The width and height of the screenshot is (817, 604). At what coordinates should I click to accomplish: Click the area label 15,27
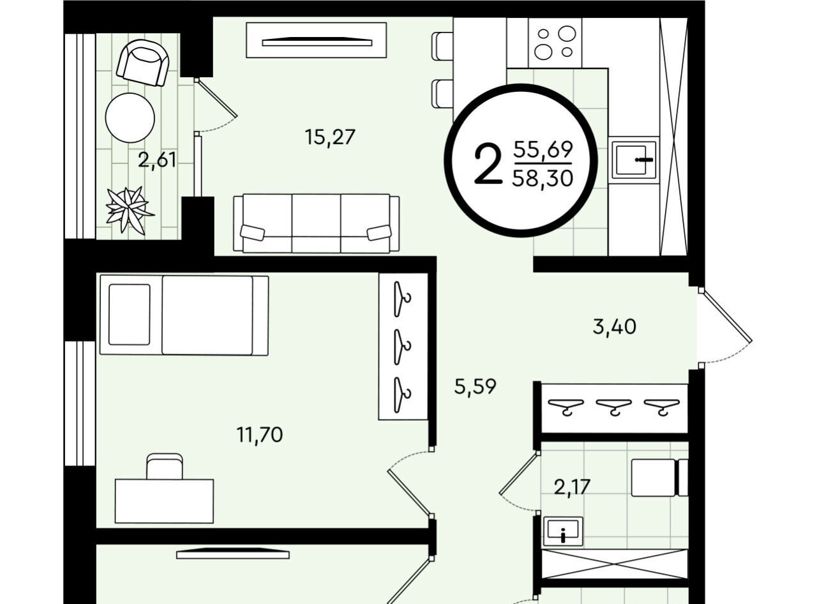click(330, 137)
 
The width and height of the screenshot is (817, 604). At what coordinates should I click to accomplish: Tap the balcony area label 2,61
click(157, 160)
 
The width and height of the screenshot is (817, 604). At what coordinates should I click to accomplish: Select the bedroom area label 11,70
click(260, 435)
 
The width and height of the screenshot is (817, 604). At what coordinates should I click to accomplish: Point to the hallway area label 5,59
click(475, 387)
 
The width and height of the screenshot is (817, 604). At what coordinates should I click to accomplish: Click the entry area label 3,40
click(614, 327)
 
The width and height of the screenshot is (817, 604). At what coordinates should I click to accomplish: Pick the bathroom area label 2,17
click(572, 487)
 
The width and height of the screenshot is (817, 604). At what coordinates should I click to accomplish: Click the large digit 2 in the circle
click(488, 163)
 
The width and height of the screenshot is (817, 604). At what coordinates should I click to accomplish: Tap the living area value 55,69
click(543, 149)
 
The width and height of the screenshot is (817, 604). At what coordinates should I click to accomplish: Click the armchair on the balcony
click(143, 63)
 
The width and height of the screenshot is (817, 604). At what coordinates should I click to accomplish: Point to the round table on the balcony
click(130, 117)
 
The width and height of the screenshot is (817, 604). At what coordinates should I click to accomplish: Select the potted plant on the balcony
click(130, 210)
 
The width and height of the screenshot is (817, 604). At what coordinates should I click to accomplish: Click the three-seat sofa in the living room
click(316, 223)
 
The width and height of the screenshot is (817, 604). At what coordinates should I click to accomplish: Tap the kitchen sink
click(634, 160)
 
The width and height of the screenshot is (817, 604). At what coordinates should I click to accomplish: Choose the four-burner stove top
click(555, 42)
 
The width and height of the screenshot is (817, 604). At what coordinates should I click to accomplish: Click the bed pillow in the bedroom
click(130, 314)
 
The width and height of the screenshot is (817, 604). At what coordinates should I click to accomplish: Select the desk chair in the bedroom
click(164, 467)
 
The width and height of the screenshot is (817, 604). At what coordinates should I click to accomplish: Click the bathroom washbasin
click(563, 531)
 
